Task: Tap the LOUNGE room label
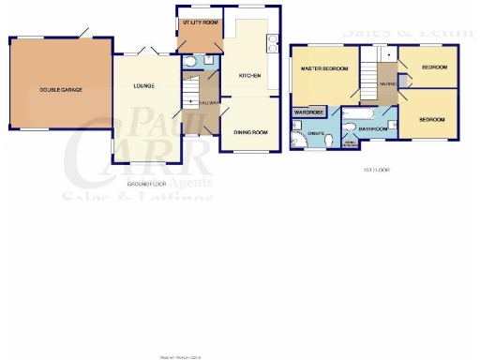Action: (143, 87)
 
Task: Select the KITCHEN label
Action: (248, 75)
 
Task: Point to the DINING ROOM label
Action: (250, 133)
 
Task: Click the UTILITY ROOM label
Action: (199, 21)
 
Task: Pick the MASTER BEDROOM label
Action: (322, 69)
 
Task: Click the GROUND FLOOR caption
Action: (145, 185)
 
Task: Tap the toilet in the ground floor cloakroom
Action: (190, 63)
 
